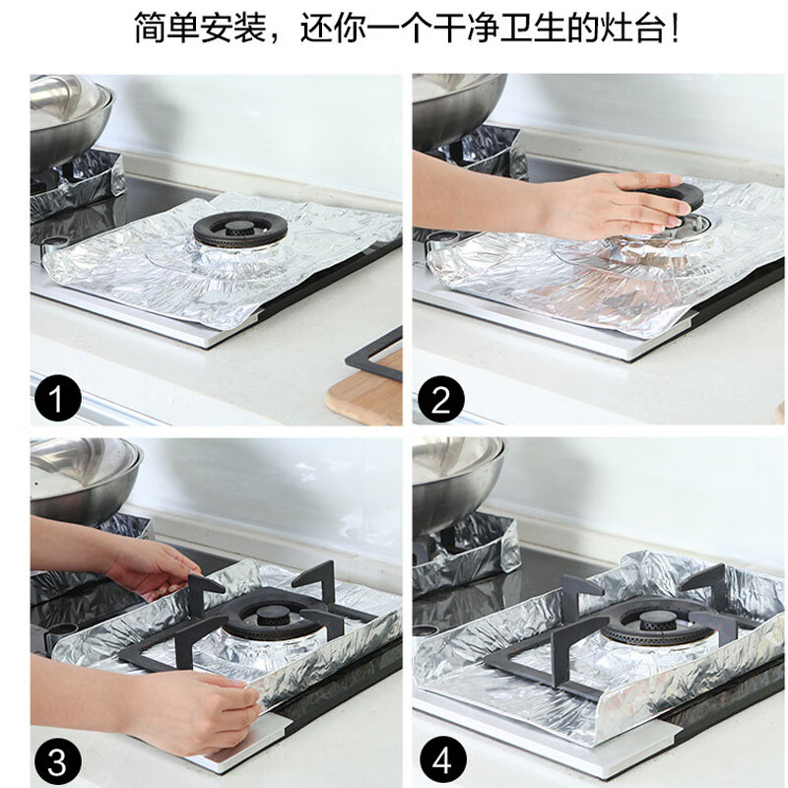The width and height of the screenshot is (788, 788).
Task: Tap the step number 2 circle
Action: tap(440, 400)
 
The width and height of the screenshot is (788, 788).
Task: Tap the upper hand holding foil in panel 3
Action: tap(148, 565)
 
